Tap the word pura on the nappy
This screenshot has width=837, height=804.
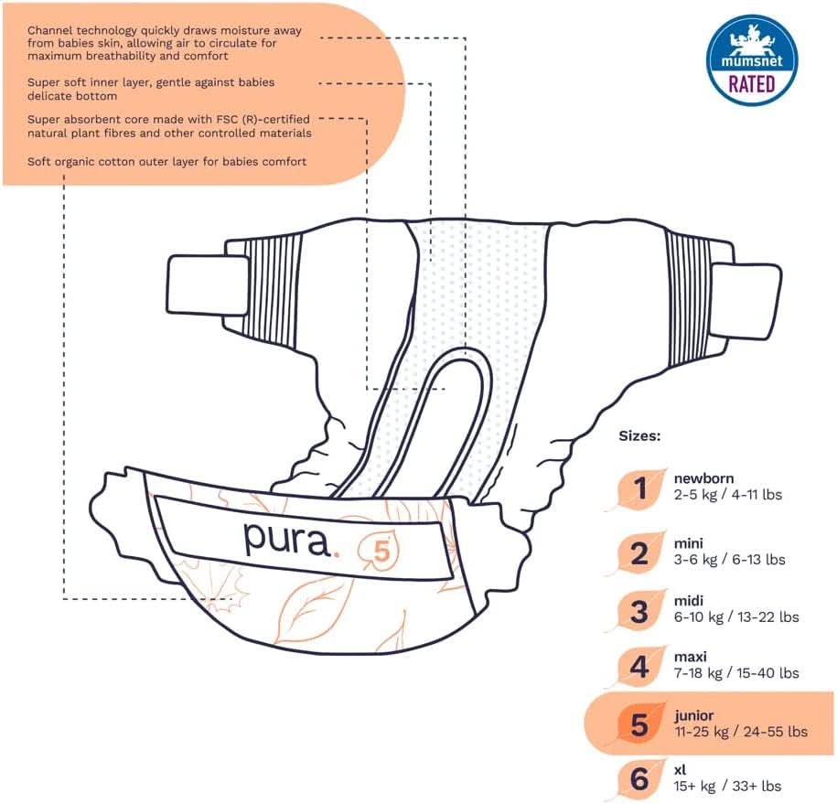(x=285, y=539)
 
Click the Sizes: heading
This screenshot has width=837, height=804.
(x=639, y=436)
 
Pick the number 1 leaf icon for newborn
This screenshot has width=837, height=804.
(x=639, y=488)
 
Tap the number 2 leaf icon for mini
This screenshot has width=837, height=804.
(x=639, y=553)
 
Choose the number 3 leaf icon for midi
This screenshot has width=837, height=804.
(x=639, y=611)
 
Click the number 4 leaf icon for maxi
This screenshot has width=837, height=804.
(x=639, y=667)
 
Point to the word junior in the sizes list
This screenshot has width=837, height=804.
(x=695, y=715)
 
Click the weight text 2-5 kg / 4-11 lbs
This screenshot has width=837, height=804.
(x=727, y=495)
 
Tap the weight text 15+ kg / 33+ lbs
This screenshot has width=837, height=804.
(x=727, y=786)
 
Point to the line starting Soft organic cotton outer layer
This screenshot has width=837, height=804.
(x=166, y=161)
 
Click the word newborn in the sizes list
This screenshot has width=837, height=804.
(x=703, y=478)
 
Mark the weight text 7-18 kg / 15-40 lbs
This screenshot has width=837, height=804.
(x=735, y=672)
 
